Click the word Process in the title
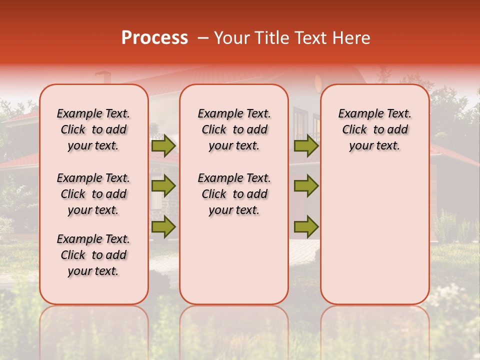[x=154, y=38]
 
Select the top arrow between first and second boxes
[x=163, y=146]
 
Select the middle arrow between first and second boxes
[x=163, y=186]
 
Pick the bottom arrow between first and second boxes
[x=163, y=226]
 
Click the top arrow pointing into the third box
[x=306, y=146]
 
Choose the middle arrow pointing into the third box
[x=306, y=186]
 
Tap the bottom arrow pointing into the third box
[x=306, y=226]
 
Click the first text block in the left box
[x=93, y=129]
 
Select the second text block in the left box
[x=93, y=194]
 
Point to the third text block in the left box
[x=93, y=255]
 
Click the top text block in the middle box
[x=234, y=129]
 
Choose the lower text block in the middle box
[x=234, y=194]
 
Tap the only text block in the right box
[x=374, y=129]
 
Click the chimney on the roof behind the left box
[x=103, y=77]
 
